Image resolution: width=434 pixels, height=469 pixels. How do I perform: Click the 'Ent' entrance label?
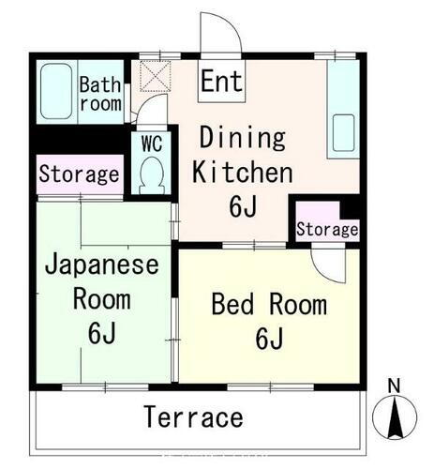pos(221,82)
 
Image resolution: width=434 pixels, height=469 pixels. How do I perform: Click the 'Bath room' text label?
pos(99,94)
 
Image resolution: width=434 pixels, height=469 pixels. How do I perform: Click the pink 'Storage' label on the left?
pos(79,174)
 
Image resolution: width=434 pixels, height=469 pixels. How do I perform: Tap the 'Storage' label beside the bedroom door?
pos(327,229)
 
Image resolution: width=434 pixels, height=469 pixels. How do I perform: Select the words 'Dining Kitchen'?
pos(244,155)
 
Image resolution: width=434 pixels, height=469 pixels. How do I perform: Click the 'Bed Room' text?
pos(268,305)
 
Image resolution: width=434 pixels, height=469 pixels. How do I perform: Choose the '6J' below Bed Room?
pos(269,339)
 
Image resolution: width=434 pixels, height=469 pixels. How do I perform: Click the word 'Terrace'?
pos(194,416)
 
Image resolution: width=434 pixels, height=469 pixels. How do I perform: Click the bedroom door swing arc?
pos(328,265)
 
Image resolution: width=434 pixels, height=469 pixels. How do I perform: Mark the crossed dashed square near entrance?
pos(152,74)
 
